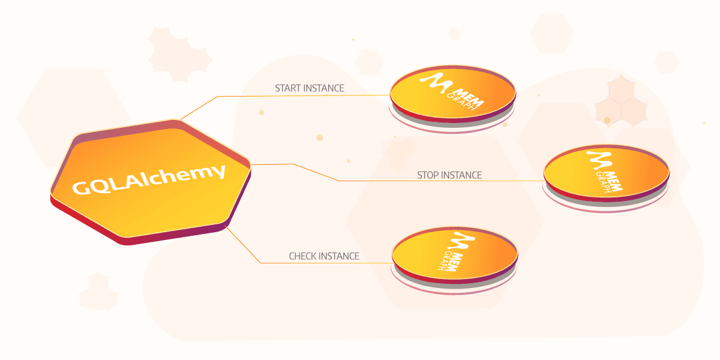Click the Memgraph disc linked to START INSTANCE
pos(453,97)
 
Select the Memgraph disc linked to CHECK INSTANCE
pos(455,258)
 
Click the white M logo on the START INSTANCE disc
pos(436,83)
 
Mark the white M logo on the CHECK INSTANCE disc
pos(461,241)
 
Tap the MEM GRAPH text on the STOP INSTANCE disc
pos(609,182)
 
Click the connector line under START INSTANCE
pos(286,96)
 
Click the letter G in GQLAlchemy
pos(82,188)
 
